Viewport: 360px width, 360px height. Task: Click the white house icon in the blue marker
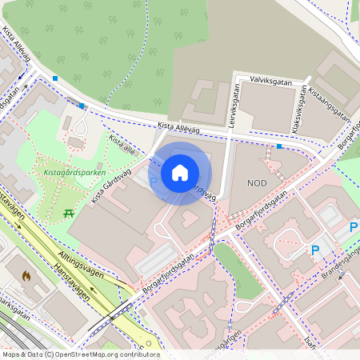click(180, 172)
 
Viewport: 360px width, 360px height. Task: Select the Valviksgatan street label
click(273, 80)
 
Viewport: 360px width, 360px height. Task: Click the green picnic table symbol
click(69, 213)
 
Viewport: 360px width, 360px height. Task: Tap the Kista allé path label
click(122, 144)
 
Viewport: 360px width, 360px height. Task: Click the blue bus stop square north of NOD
click(278, 146)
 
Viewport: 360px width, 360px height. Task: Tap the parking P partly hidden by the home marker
click(153, 182)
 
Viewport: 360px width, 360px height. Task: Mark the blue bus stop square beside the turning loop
click(82, 105)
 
